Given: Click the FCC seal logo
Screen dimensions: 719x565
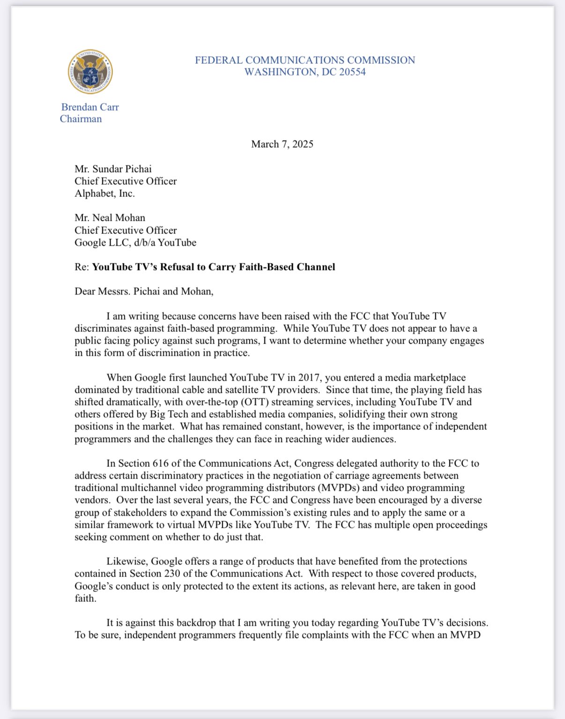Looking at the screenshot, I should point(90,72).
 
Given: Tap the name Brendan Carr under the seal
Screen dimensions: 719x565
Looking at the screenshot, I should point(90,107).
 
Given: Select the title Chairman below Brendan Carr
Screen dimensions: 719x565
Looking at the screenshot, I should point(81,119).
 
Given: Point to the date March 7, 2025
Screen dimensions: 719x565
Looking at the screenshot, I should point(282,144).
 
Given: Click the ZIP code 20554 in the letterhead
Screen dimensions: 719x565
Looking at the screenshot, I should point(352,72).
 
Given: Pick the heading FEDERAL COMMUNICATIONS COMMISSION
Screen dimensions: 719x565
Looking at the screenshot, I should point(305,60).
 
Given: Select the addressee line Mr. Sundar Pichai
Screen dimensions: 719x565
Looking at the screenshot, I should point(113,169).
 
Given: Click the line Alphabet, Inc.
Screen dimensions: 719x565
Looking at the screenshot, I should point(104,193).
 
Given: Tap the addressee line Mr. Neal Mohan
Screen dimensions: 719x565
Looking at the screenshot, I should point(110,217).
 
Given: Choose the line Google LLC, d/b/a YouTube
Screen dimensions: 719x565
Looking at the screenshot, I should point(135,242).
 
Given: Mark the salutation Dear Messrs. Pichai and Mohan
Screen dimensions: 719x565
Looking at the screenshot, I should point(144,292).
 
